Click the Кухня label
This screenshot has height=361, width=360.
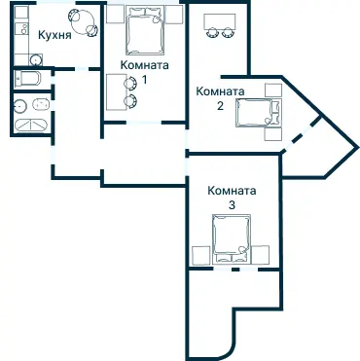pyautogui.click(x=54, y=36)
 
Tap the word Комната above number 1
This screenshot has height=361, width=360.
pyautogui.click(x=144, y=65)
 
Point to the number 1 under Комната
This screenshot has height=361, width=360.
pyautogui.click(x=144, y=79)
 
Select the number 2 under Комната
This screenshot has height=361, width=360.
pyautogui.click(x=221, y=105)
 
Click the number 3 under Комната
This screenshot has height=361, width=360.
pyautogui.click(x=232, y=205)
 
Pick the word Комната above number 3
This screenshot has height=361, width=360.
pyautogui.click(x=232, y=191)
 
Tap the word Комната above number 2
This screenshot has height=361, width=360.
pyautogui.click(x=220, y=91)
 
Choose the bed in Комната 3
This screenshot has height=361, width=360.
pyautogui.click(x=231, y=241)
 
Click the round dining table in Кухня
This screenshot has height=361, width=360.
pyautogui.click(x=83, y=21)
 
